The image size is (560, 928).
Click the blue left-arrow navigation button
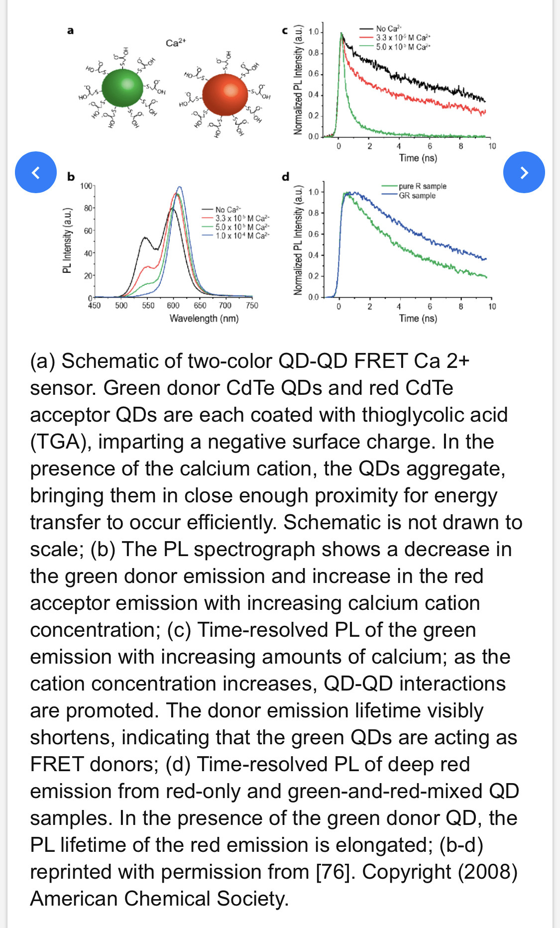(36, 172)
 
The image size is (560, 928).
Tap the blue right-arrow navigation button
(524, 172)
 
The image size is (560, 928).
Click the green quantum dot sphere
(122, 88)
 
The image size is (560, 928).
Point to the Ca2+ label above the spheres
(175, 43)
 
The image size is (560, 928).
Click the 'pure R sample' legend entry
(422, 186)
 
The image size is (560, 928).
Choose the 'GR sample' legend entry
(417, 196)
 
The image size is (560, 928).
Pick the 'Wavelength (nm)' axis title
(204, 318)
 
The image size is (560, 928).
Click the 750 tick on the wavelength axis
(252, 306)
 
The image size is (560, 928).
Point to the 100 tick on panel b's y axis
(86, 186)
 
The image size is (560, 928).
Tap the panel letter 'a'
(70, 31)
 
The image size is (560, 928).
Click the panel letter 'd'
(285, 176)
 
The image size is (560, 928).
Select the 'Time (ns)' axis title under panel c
(418, 158)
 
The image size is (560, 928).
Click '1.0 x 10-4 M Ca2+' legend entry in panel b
(242, 235)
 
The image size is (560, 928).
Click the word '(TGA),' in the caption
(61, 442)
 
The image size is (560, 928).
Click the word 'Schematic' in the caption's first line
(110, 361)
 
